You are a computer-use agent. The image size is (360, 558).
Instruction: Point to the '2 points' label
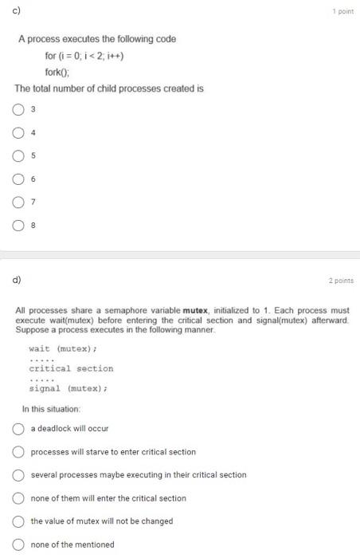point(340,280)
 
